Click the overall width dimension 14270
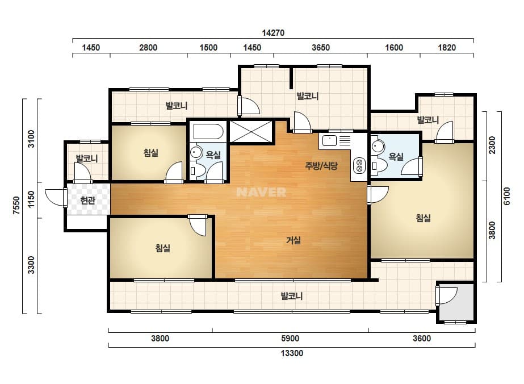pyautogui.click(x=273, y=33)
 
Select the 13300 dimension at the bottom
pyautogui.click(x=292, y=353)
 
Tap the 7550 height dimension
pyautogui.click(x=16, y=206)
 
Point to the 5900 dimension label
pyautogui.click(x=290, y=339)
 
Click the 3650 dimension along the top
pyautogui.click(x=321, y=48)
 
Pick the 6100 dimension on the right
pyautogui.click(x=507, y=197)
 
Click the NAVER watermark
pyautogui.click(x=261, y=192)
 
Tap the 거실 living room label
pyautogui.click(x=294, y=240)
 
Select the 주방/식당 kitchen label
pyautogui.click(x=321, y=165)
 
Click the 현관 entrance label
pyautogui.click(x=87, y=201)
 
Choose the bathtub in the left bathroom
pyautogui.click(x=208, y=132)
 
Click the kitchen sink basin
pyautogui.click(x=329, y=140)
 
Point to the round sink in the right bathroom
pyautogui.click(x=379, y=146)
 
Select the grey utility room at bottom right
pyautogui.click(x=456, y=302)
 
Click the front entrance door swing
pyautogui.click(x=56, y=197)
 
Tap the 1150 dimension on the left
pyautogui.click(x=31, y=199)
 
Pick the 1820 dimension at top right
pyautogui.click(x=447, y=48)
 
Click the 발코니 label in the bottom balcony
pyautogui.click(x=291, y=296)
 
